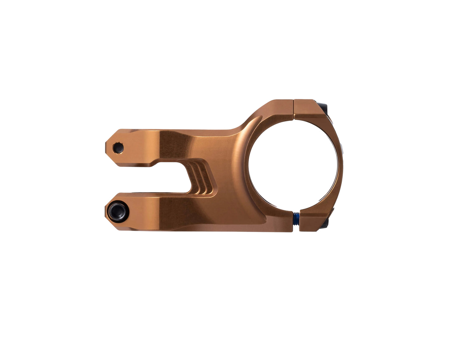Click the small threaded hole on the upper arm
point(118,147)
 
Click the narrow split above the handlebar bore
point(293,109)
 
